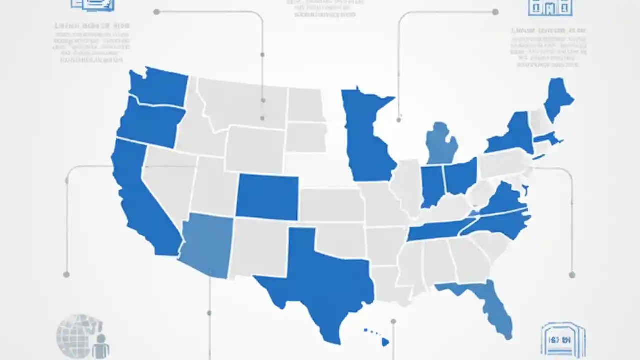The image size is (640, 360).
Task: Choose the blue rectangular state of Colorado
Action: pos(267,197)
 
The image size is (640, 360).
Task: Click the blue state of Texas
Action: pos(320,280)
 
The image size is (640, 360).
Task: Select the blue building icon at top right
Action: pos(550,7)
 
